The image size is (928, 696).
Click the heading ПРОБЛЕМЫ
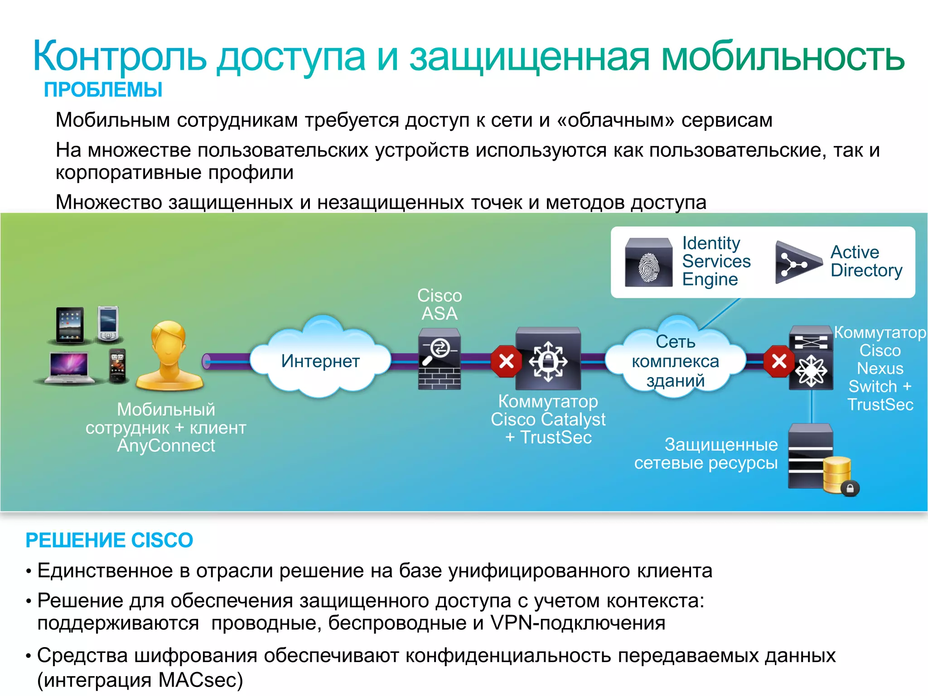click(x=103, y=90)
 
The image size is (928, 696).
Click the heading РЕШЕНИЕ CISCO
click(x=109, y=540)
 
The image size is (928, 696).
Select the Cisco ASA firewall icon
click(x=439, y=359)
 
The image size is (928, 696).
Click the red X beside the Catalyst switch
click(x=506, y=361)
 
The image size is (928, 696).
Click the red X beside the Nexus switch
click(x=779, y=361)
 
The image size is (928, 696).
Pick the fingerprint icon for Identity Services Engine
click(x=648, y=263)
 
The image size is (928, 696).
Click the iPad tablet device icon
click(x=70, y=324)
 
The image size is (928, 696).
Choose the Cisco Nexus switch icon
click(x=811, y=358)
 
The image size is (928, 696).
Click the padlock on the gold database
click(x=850, y=488)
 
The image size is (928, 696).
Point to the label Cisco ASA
click(x=439, y=304)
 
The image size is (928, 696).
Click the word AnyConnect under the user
click(x=166, y=446)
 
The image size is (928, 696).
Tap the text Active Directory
click(x=866, y=261)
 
